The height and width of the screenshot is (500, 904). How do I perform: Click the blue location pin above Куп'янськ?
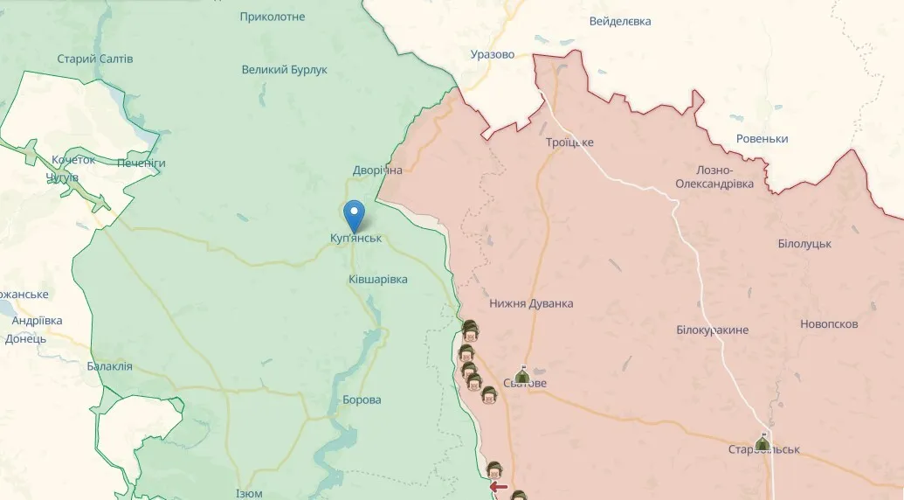coord(354,213)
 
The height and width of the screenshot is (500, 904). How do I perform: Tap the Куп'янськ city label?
coord(356,238)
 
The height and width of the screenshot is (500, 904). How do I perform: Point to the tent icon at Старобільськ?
coord(763,442)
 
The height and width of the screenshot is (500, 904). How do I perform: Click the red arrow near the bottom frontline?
coord(499,487)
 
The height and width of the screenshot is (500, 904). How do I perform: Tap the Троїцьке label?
coord(569,142)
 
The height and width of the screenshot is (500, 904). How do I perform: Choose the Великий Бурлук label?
coord(285,69)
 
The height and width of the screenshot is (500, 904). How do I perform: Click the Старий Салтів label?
coord(95,59)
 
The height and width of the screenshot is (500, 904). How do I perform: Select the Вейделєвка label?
coord(620,21)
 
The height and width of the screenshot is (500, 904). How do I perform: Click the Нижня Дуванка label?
coord(531,303)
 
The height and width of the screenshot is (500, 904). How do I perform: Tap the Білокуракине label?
coord(712,330)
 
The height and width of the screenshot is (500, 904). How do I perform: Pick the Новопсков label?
coord(829,323)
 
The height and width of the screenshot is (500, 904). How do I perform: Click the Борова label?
coord(362,399)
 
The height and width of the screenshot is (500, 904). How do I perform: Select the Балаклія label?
coord(110,366)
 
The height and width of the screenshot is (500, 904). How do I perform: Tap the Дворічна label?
coord(377,170)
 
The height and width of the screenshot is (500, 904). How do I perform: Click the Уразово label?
coord(493,54)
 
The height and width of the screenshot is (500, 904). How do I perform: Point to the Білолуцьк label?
coord(804,243)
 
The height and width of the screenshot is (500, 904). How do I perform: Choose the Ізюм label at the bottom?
coord(249,494)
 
